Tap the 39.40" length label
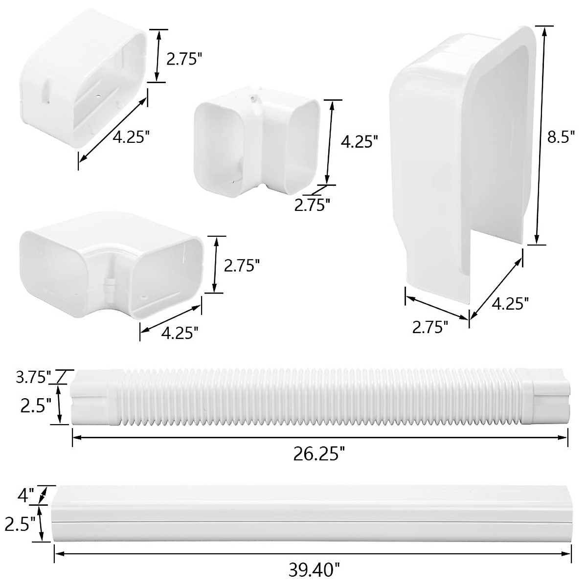[313, 569]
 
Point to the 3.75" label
[34, 378]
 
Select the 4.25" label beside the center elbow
[360, 142]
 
